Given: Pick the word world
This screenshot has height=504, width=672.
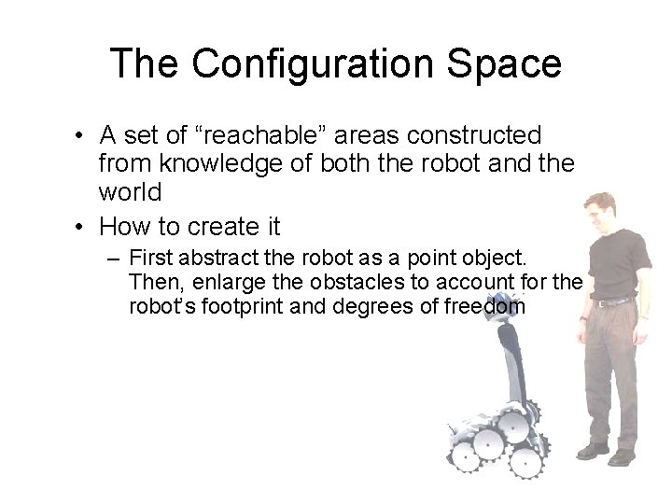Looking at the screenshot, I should coord(130,193).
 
